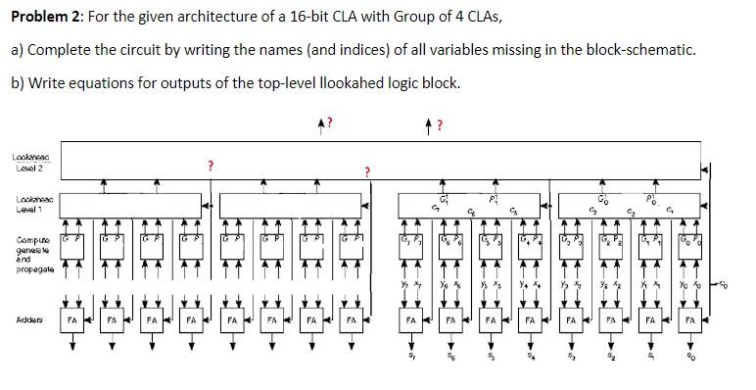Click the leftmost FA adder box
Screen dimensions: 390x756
tap(71, 320)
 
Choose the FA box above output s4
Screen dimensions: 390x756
tap(530, 320)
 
